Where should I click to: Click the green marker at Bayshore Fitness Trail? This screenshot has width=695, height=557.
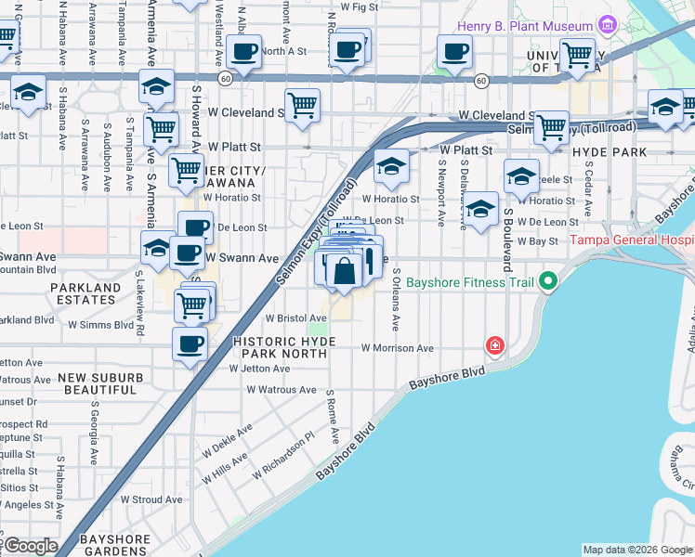click(549, 279)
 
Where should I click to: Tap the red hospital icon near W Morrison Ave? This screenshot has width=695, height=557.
click(495, 346)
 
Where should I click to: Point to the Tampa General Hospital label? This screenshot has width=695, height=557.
click(632, 240)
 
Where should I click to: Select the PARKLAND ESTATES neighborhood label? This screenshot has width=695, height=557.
click(86, 294)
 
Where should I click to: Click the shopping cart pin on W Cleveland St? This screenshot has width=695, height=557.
click(303, 107)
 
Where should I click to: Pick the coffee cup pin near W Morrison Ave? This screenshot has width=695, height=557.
click(190, 343)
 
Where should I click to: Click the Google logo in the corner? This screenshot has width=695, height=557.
click(30, 546)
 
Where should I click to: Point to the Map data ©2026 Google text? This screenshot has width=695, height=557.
click(637, 550)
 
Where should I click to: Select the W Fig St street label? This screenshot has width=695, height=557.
click(360, 6)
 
